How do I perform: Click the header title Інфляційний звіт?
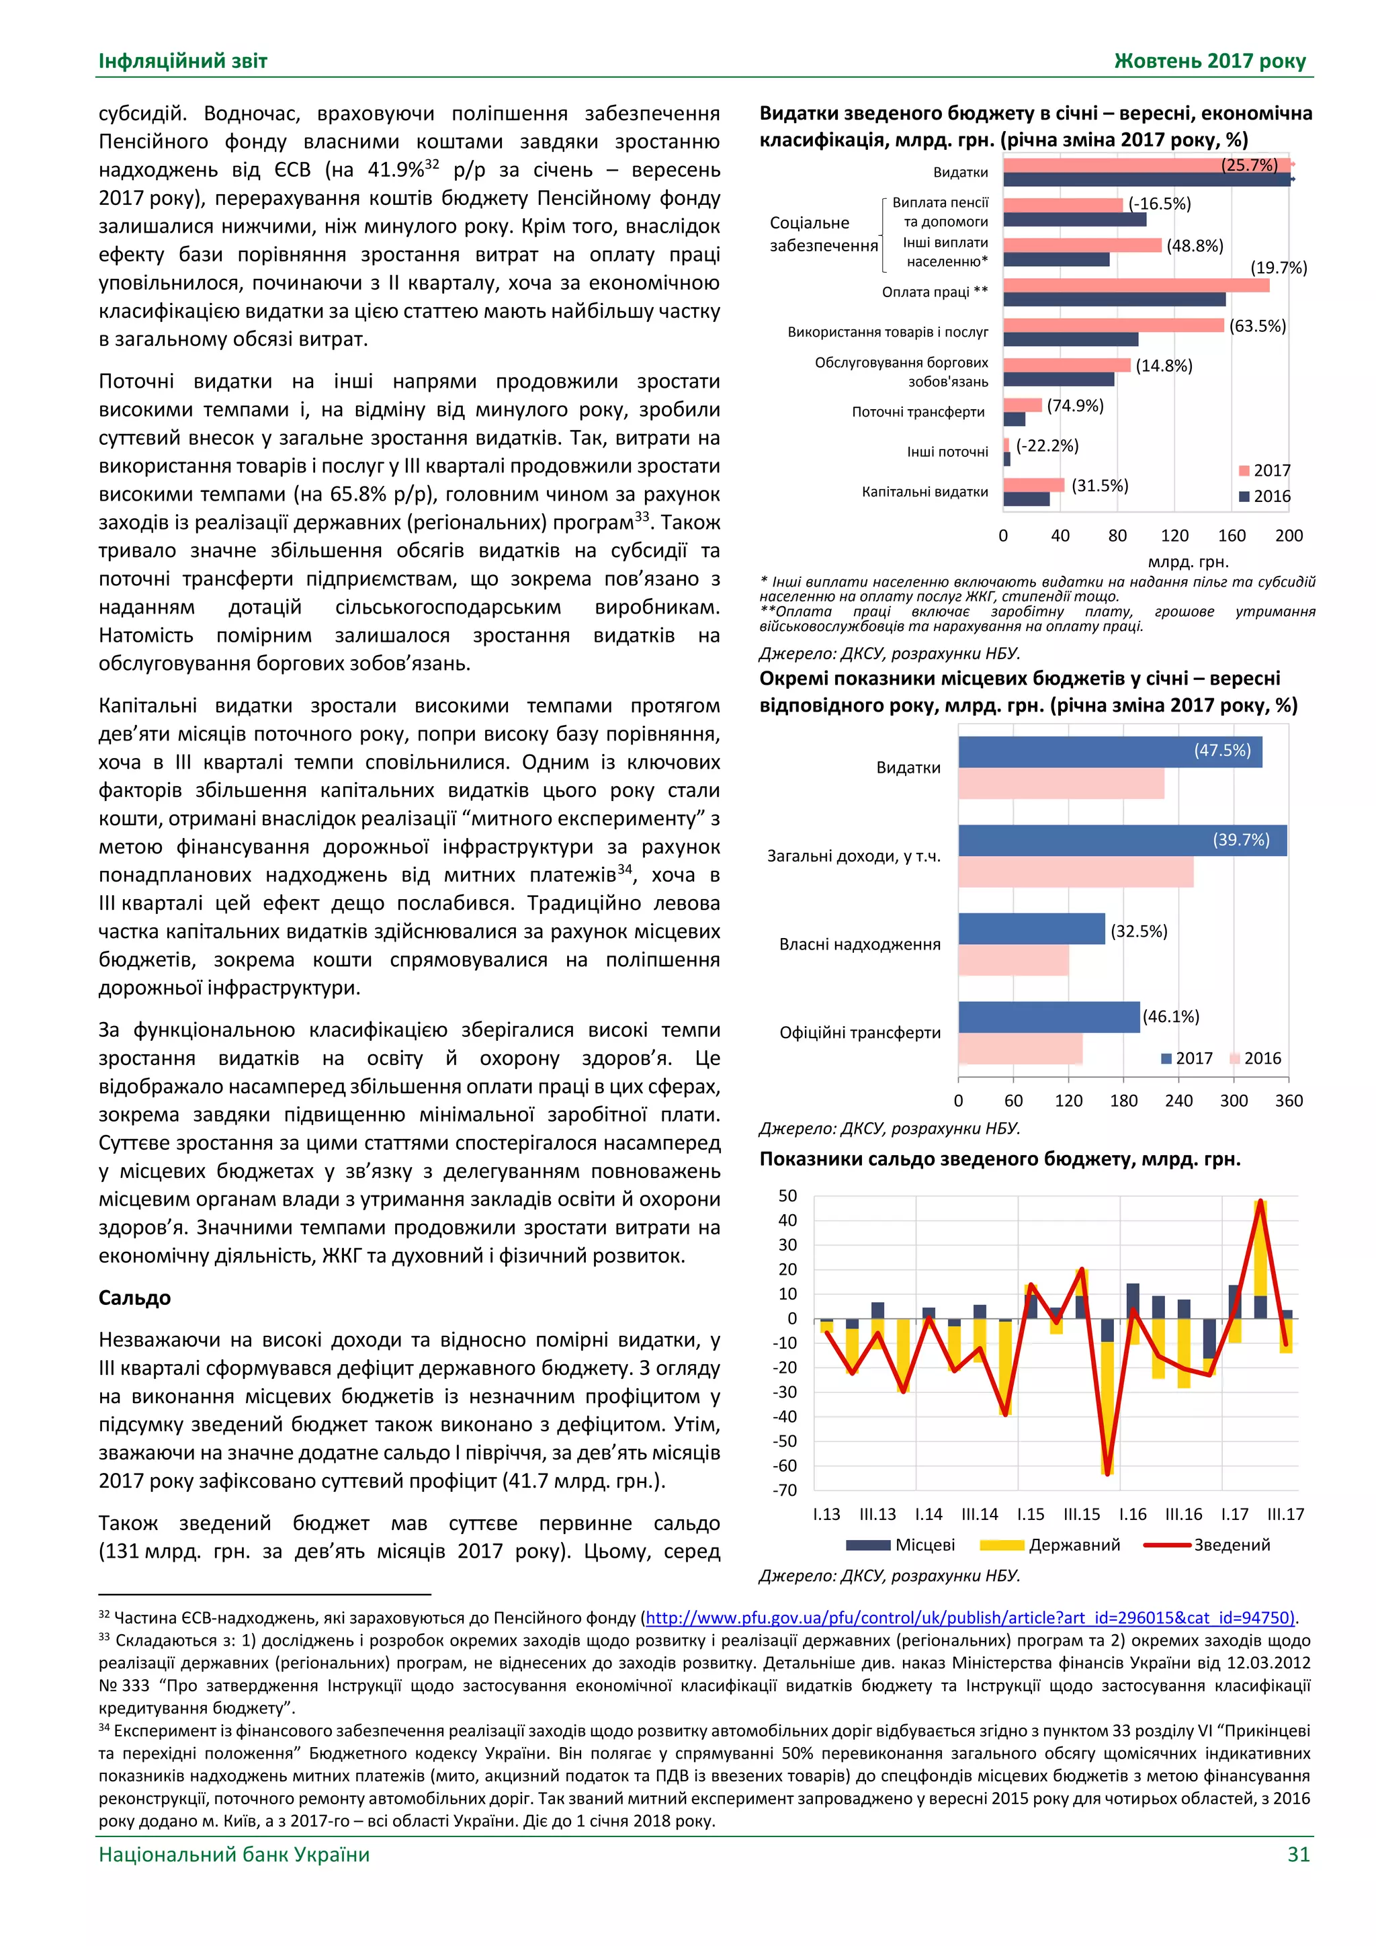click(183, 61)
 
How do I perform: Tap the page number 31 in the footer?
click(1298, 1854)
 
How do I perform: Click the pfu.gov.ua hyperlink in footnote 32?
click(970, 1617)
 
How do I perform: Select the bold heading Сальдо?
click(135, 1298)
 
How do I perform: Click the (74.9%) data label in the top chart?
click(1075, 406)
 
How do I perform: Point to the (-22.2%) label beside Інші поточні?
click(1047, 446)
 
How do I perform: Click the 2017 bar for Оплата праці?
click(1135, 286)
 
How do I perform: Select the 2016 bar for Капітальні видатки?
click(1026, 499)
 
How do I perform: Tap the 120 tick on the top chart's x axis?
click(1174, 536)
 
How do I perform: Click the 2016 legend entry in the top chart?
click(1264, 497)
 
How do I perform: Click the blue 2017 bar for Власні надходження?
click(1031, 928)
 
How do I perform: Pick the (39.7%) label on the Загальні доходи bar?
click(1241, 840)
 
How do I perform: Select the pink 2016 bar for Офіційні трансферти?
click(1020, 1048)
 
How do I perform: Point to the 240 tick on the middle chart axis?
click(1178, 1100)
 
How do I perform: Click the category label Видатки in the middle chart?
click(908, 768)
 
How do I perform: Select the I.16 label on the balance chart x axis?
click(1133, 1514)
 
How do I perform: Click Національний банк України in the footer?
click(234, 1854)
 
